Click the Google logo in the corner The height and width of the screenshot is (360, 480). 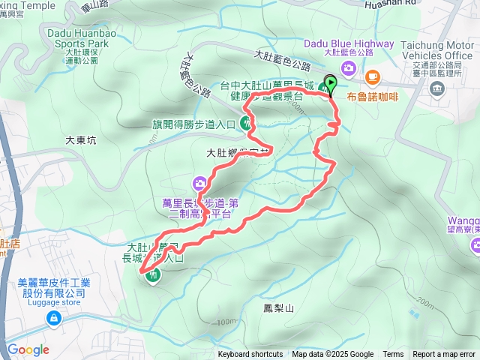click(28, 349)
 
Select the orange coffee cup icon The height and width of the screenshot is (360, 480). click(372, 76)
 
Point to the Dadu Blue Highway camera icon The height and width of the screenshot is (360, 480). click(347, 69)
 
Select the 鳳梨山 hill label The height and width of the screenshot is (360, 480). click(278, 307)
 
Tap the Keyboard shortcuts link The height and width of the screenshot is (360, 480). click(250, 355)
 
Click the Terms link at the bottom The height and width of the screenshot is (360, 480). click(393, 355)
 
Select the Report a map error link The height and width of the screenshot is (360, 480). click(443, 355)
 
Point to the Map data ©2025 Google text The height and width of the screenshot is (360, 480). click(332, 355)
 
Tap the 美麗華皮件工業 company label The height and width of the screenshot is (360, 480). click(54, 288)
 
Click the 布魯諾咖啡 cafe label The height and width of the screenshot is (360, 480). click(373, 95)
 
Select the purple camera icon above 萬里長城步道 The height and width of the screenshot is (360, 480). click(199, 182)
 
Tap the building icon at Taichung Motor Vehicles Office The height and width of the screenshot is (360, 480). click(436, 88)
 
